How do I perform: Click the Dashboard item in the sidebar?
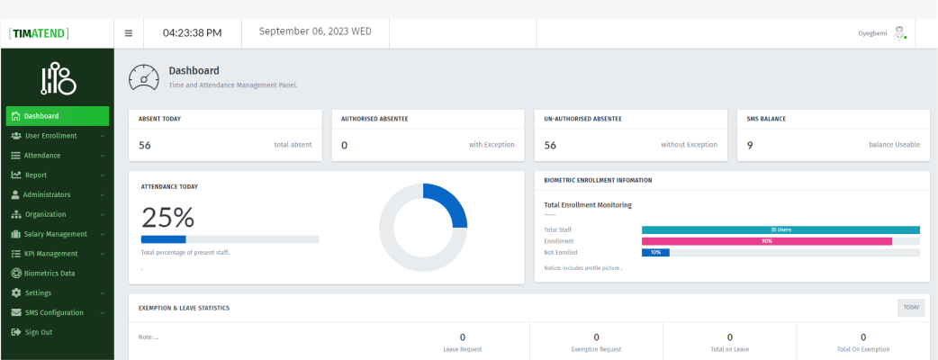(57, 116)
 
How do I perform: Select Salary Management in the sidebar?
(57, 234)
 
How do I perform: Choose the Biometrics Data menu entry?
(50, 274)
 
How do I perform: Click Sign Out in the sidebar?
(38, 332)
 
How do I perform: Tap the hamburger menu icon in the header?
(129, 33)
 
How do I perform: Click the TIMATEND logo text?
(40, 33)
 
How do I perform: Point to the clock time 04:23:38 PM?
(192, 33)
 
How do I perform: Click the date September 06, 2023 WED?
(315, 31)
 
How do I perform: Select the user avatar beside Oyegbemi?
(898, 32)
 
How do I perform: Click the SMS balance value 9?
(750, 145)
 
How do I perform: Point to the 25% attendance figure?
(167, 217)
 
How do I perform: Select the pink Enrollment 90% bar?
(766, 241)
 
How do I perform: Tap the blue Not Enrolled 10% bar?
(655, 253)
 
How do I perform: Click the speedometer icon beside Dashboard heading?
(144, 77)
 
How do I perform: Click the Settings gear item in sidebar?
(38, 293)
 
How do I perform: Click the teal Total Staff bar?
(780, 230)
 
